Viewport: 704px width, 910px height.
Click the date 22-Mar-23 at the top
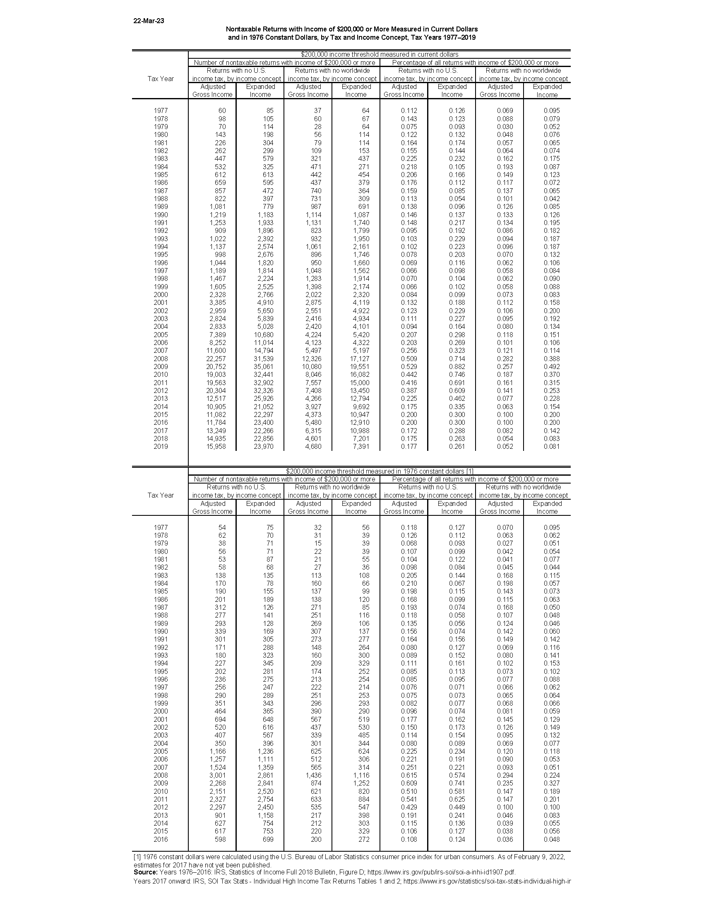(149, 21)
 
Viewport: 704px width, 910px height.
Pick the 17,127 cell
(358, 359)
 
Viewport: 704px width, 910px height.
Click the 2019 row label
(161, 447)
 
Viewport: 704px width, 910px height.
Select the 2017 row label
(161, 431)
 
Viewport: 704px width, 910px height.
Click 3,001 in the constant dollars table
(217, 776)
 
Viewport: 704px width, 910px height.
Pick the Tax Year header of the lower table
(161, 495)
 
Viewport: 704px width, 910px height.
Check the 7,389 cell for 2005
(217, 335)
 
